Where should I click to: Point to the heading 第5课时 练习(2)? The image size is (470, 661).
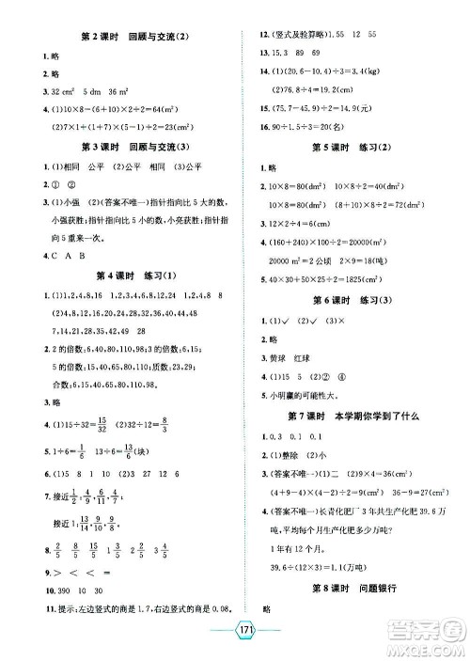click(x=353, y=148)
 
